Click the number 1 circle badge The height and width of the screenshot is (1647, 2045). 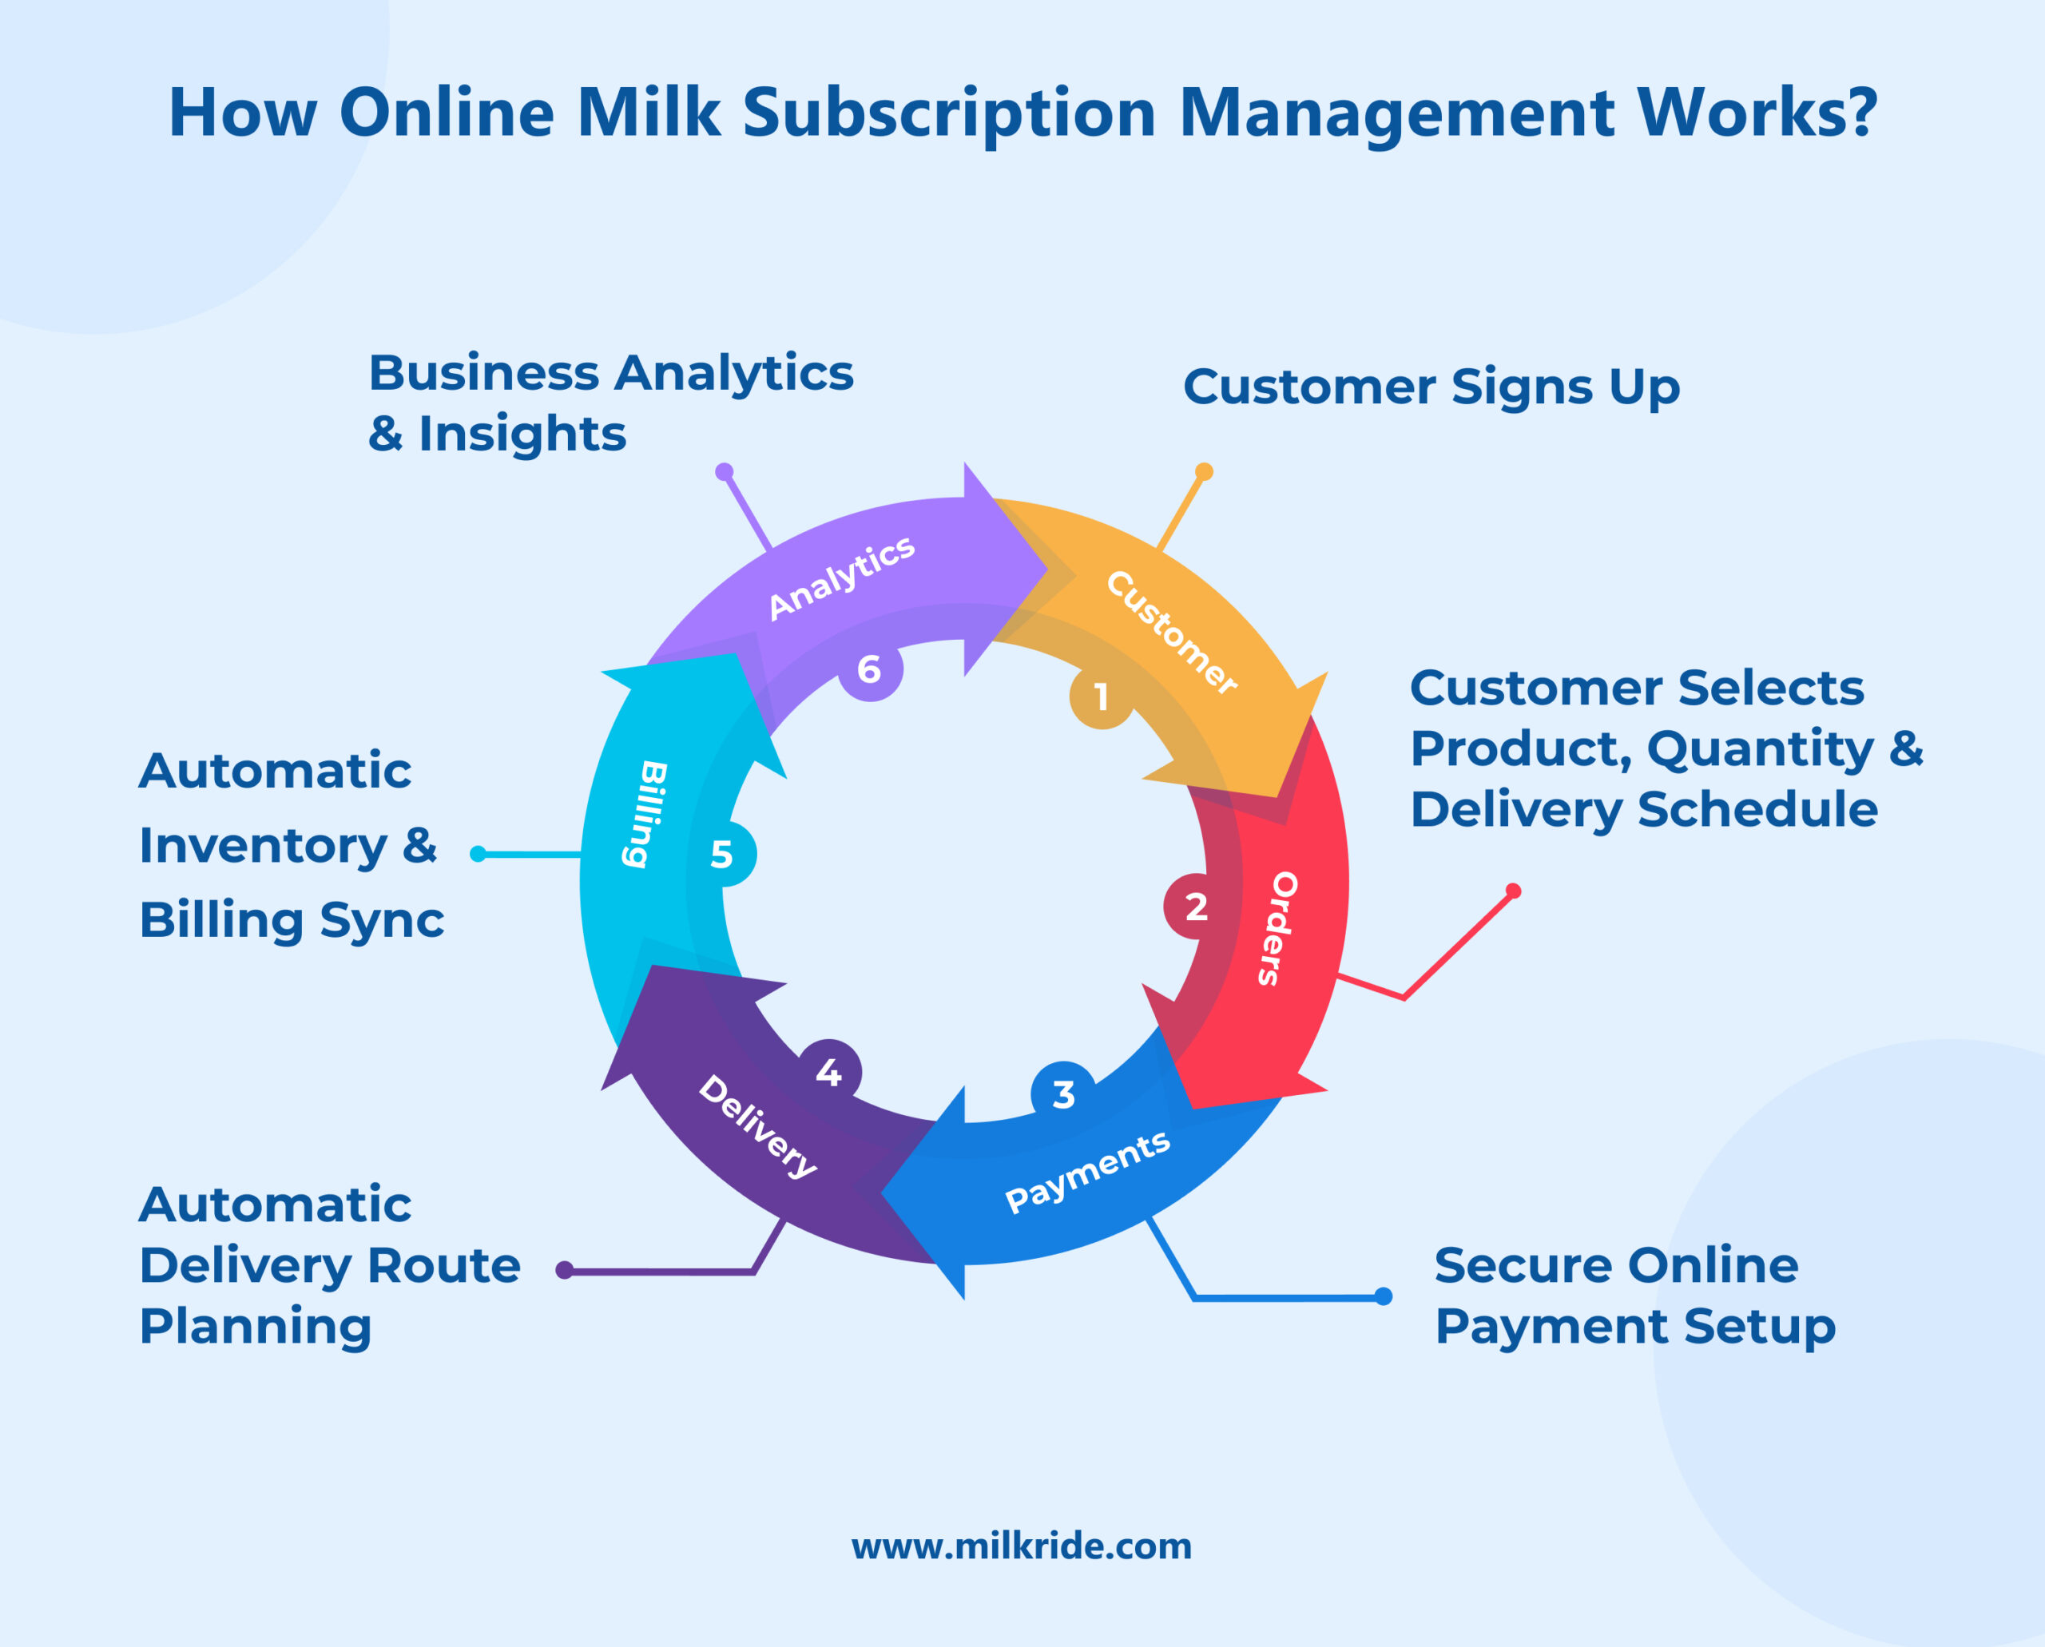point(1101,697)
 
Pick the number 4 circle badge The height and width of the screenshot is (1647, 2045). point(829,1072)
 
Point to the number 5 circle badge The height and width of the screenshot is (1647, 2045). point(723,855)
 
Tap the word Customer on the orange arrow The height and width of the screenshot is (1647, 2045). point(1172,633)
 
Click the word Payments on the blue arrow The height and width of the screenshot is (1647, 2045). point(1087,1173)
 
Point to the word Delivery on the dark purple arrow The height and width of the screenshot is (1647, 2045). point(757,1126)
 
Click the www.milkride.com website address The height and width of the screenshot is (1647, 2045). point(1021,1546)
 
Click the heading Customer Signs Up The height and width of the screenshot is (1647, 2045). point(1431,387)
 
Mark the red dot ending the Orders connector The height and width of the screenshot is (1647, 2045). point(1514,891)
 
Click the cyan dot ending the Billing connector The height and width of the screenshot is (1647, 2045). point(478,855)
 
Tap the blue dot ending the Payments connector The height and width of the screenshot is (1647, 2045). point(1384,1296)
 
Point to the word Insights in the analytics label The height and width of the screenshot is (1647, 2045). point(522,435)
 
